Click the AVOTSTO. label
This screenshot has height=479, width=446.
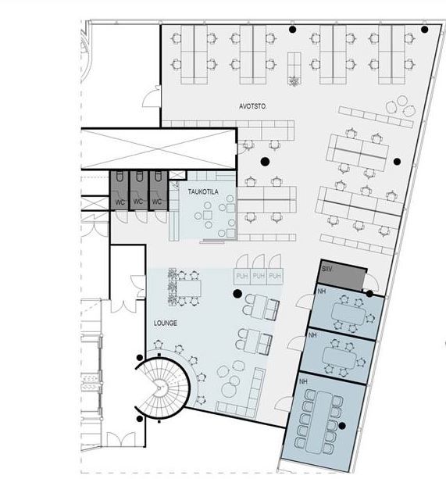[254, 104]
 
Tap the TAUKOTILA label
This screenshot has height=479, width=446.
[202, 191]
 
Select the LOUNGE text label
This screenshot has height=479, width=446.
[166, 322]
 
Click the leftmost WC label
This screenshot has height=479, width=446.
[120, 202]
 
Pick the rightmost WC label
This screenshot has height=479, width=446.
[157, 202]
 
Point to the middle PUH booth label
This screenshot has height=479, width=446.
[258, 276]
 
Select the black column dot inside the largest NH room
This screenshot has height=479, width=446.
[341, 426]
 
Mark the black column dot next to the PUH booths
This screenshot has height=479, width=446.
[237, 294]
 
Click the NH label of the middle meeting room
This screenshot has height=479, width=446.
[312, 334]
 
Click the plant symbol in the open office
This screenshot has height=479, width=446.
[294, 80]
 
